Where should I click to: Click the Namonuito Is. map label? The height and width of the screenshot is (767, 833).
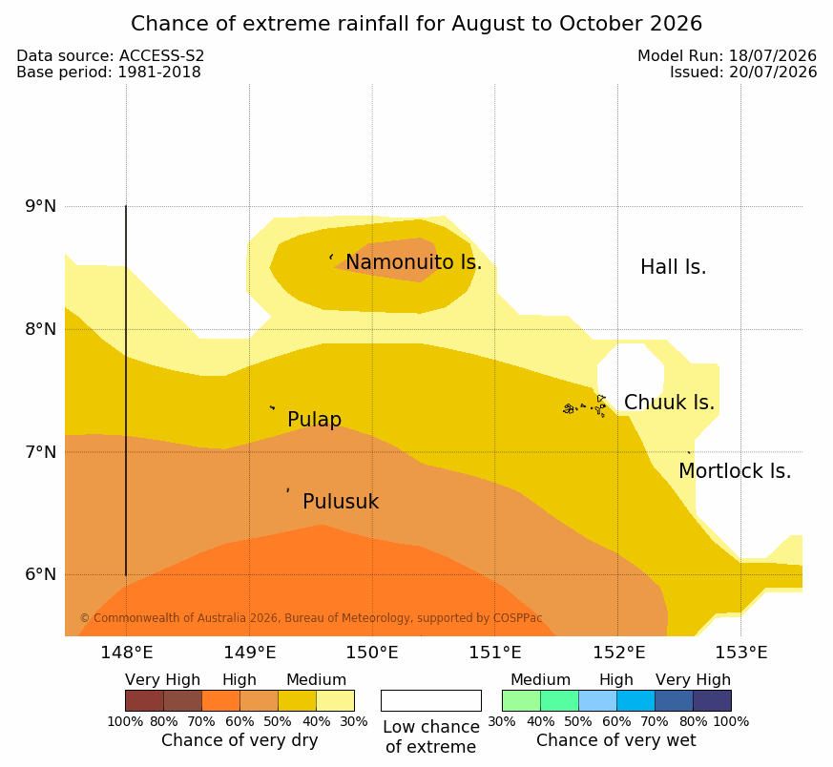(414, 262)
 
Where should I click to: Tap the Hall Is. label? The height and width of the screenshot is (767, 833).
(673, 267)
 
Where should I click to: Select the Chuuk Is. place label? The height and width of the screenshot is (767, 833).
(669, 403)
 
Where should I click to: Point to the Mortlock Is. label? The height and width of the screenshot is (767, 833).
(735, 471)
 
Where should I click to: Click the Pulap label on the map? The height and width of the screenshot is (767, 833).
(315, 420)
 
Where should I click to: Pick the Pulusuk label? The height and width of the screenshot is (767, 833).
(341, 502)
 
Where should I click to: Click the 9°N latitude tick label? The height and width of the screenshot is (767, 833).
(40, 206)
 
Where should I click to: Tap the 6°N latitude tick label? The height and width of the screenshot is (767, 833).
(40, 574)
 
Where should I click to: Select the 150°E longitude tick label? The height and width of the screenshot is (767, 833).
(372, 653)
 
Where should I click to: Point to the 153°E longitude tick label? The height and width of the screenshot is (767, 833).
(741, 653)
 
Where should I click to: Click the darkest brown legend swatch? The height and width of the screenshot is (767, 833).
(144, 700)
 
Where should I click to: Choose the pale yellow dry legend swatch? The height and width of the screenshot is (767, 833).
(335, 700)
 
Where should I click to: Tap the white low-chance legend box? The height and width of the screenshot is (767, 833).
(431, 700)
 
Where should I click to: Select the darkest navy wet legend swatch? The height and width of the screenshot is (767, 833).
(712, 700)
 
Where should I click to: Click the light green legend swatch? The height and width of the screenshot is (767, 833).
(521, 700)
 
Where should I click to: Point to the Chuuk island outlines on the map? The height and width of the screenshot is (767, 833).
(585, 406)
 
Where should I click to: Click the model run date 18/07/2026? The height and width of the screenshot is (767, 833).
(773, 55)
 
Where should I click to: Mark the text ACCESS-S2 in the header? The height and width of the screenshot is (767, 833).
(161, 55)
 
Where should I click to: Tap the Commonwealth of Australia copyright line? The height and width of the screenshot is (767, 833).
(311, 618)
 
